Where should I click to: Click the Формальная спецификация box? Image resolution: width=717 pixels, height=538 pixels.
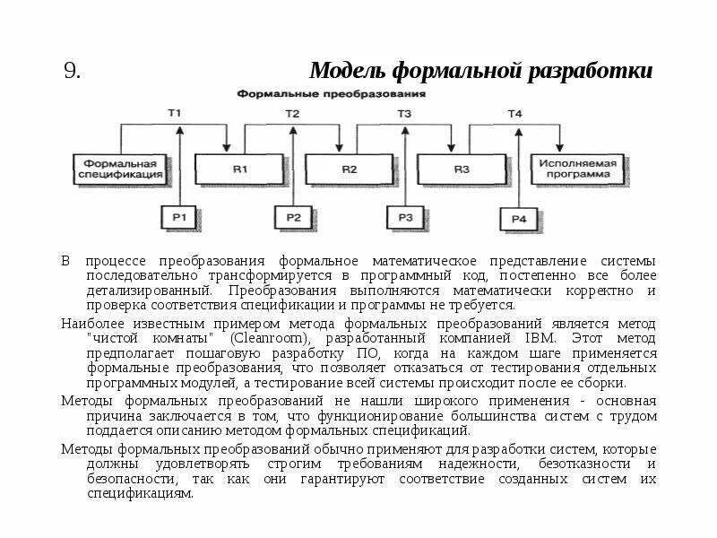[x=123, y=169]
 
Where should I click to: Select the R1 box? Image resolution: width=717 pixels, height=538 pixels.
[x=239, y=169]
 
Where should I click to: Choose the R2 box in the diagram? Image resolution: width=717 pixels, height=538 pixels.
[x=350, y=169]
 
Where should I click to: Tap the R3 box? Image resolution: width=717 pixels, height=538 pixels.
[x=461, y=169]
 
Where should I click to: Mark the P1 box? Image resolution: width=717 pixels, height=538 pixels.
[x=179, y=217]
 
